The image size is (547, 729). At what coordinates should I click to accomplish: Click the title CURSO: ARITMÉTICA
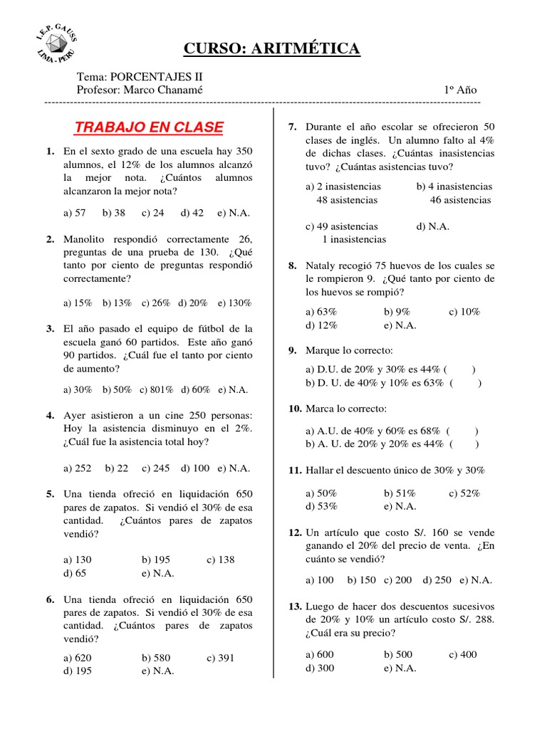pos(272,48)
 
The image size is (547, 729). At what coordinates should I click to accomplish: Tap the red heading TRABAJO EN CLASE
pos(149,127)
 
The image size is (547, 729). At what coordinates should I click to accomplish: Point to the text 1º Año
pos(460,90)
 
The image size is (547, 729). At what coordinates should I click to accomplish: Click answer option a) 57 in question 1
pos(75,213)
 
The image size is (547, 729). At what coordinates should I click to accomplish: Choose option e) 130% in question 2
pos(235,303)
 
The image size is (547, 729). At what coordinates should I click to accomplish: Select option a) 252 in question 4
pos(78,468)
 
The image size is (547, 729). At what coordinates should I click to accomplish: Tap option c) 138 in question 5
pos(221,560)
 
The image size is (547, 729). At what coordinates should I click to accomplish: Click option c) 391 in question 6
pos(221,658)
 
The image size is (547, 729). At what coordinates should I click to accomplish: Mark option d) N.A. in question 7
pos(433,226)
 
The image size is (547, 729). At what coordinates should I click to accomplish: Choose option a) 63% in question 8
pos(321,312)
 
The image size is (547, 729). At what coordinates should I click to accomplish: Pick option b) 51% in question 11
pos(400,493)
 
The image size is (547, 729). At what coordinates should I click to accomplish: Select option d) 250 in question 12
pos(437,579)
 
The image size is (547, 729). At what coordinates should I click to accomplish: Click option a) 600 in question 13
pos(320,655)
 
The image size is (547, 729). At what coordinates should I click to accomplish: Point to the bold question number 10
pos(295,409)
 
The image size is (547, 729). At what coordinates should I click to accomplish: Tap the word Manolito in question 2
pos(86,239)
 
